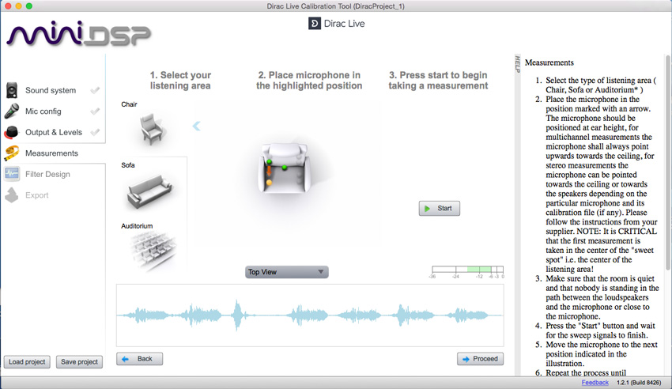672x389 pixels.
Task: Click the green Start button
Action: (x=439, y=209)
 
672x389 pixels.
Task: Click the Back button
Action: (x=139, y=359)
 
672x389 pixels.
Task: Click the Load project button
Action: (x=27, y=362)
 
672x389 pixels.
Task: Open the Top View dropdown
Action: (x=286, y=272)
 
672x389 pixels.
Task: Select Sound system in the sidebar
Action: (x=50, y=91)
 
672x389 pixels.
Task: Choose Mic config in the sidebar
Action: (x=43, y=111)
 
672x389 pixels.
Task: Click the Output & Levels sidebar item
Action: (x=53, y=132)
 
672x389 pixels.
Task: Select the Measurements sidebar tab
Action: (x=51, y=153)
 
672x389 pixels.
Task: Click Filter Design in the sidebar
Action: (x=47, y=174)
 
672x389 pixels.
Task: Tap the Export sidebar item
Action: (x=36, y=195)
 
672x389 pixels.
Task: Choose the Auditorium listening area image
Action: (x=149, y=250)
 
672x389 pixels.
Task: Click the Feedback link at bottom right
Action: (x=595, y=383)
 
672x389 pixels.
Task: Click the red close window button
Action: (x=7, y=6)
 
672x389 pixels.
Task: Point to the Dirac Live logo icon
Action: (x=314, y=24)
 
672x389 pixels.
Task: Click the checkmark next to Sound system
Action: (x=95, y=91)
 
